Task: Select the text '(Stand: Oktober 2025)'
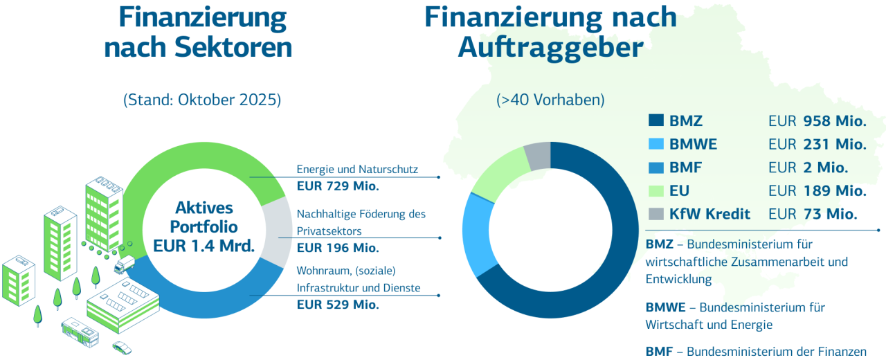point(202,99)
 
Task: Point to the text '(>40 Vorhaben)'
point(550,99)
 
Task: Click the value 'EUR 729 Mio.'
point(338,186)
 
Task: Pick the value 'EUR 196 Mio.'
point(338,247)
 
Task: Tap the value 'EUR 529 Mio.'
point(338,304)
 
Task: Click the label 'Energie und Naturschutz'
point(357,169)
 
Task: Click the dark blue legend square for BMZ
point(656,121)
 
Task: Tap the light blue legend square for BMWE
point(656,144)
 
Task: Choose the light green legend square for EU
point(656,190)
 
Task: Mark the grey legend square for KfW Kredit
point(656,213)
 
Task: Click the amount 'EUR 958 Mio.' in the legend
point(817,121)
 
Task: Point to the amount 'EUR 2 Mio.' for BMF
point(808,168)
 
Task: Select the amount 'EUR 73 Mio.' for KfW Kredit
point(813,213)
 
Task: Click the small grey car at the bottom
point(122,347)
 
